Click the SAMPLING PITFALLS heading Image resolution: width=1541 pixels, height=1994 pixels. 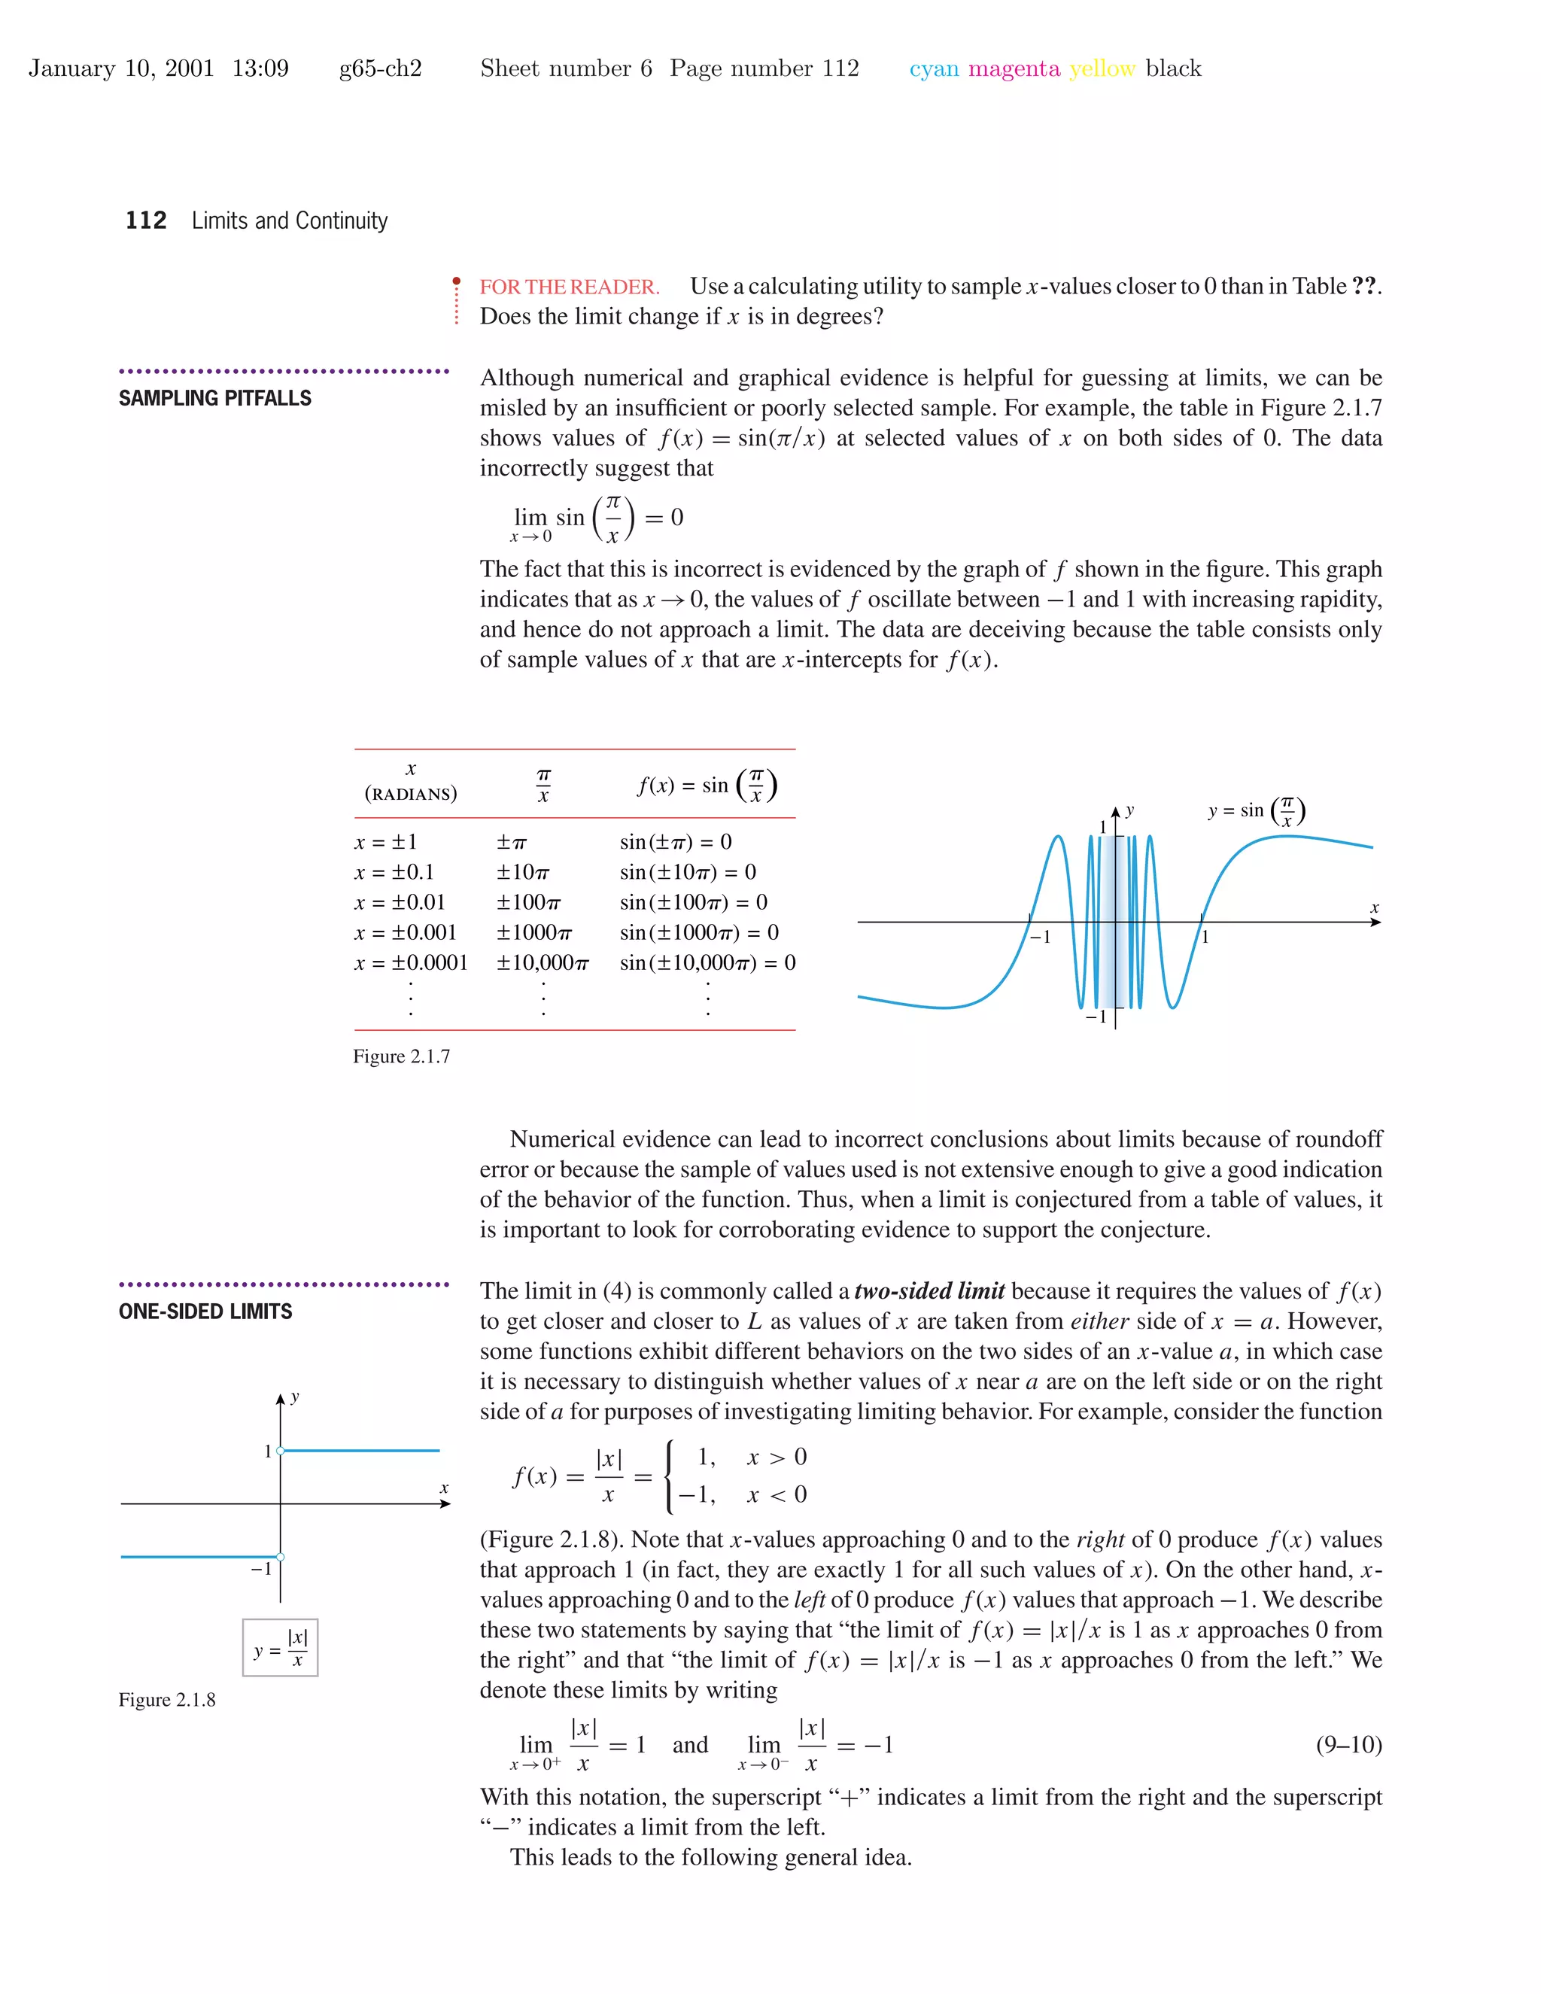coord(214,398)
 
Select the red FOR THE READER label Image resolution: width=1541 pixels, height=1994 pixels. coord(570,287)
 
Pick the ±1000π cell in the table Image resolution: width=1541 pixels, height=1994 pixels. coord(534,932)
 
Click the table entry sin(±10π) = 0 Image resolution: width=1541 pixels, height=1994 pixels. coord(688,872)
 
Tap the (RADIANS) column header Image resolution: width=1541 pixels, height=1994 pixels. coord(411,793)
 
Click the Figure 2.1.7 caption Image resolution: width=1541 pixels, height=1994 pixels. coord(402,1056)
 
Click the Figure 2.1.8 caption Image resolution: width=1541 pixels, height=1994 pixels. coord(167,1699)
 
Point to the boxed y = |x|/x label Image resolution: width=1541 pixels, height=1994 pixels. coord(280,1648)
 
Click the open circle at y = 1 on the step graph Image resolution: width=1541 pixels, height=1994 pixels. coord(280,1451)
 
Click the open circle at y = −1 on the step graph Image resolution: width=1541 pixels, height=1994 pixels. coord(280,1557)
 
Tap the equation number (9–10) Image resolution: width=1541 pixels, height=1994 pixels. coord(1348,1745)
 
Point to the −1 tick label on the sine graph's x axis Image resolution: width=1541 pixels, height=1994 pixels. coord(1040,937)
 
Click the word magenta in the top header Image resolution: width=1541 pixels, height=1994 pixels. coord(1014,68)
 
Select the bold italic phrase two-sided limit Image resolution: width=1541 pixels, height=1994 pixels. coord(929,1291)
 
